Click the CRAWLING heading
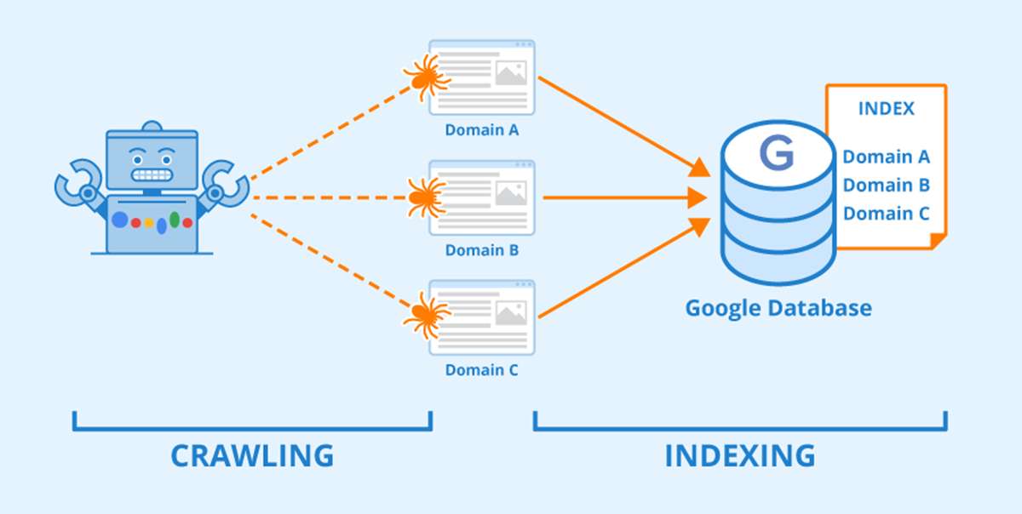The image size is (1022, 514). pyautogui.click(x=252, y=454)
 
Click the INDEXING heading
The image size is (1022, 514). pyautogui.click(x=739, y=454)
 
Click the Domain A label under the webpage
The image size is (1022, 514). pyautogui.click(x=481, y=131)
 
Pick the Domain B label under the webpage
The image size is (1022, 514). pyautogui.click(x=481, y=251)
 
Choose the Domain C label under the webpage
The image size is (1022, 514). pyautogui.click(x=481, y=370)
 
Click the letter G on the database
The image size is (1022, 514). pyautogui.click(x=776, y=154)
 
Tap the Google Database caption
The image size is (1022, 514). pyautogui.click(x=778, y=307)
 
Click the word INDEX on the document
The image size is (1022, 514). pyautogui.click(x=886, y=109)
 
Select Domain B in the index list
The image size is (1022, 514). pyautogui.click(x=886, y=185)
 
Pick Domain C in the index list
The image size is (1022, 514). pyautogui.click(x=886, y=214)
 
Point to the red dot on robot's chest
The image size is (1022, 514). pyautogui.click(x=135, y=223)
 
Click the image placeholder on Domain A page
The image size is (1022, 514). pyautogui.click(x=510, y=74)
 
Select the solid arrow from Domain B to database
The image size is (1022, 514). pyautogui.click(x=622, y=198)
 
